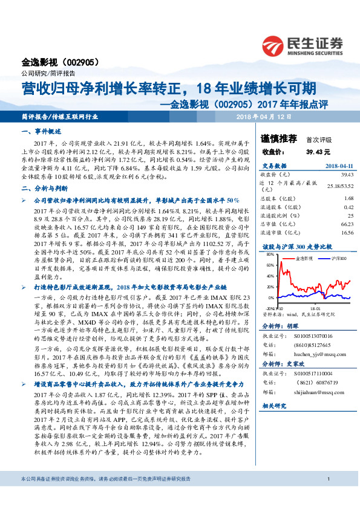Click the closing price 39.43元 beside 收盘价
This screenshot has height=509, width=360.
(318, 152)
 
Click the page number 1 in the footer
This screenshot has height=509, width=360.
(327, 496)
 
